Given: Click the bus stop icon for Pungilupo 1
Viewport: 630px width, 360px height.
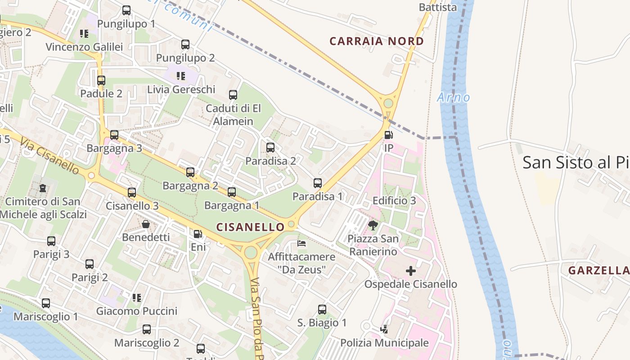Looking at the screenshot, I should [x=126, y=10].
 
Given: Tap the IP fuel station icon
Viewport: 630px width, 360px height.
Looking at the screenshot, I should [x=388, y=135].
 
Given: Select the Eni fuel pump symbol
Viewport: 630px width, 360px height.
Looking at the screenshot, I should [x=198, y=234].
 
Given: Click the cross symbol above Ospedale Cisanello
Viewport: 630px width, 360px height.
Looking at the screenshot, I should [x=410, y=271].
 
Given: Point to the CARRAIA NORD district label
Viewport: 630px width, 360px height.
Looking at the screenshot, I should [x=377, y=41].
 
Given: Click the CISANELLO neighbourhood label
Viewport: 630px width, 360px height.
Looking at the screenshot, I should [x=251, y=227].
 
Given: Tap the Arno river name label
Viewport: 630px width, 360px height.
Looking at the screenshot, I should [x=454, y=97].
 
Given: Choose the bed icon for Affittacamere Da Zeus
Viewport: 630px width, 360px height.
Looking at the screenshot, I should [x=301, y=243].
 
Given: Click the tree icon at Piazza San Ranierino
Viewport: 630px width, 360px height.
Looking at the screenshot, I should [x=373, y=225].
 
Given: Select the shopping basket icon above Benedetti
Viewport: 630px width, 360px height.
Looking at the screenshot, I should [x=146, y=224].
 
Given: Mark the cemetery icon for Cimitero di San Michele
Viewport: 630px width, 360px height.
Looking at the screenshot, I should [x=42, y=188].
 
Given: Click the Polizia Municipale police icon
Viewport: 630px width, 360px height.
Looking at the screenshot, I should [x=384, y=329].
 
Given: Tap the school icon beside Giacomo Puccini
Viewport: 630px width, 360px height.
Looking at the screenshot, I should [x=137, y=297].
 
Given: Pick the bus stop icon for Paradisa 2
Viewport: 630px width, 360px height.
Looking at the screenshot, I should [x=270, y=148].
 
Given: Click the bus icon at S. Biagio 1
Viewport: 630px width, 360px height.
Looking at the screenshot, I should [x=322, y=310].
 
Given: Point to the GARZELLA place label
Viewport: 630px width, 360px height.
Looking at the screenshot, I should [x=598, y=270].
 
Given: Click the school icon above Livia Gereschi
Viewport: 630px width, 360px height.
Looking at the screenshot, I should [x=181, y=76].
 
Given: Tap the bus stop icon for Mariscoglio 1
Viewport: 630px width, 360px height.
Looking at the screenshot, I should [x=46, y=303].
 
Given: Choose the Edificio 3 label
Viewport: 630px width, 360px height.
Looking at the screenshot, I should [x=394, y=201].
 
